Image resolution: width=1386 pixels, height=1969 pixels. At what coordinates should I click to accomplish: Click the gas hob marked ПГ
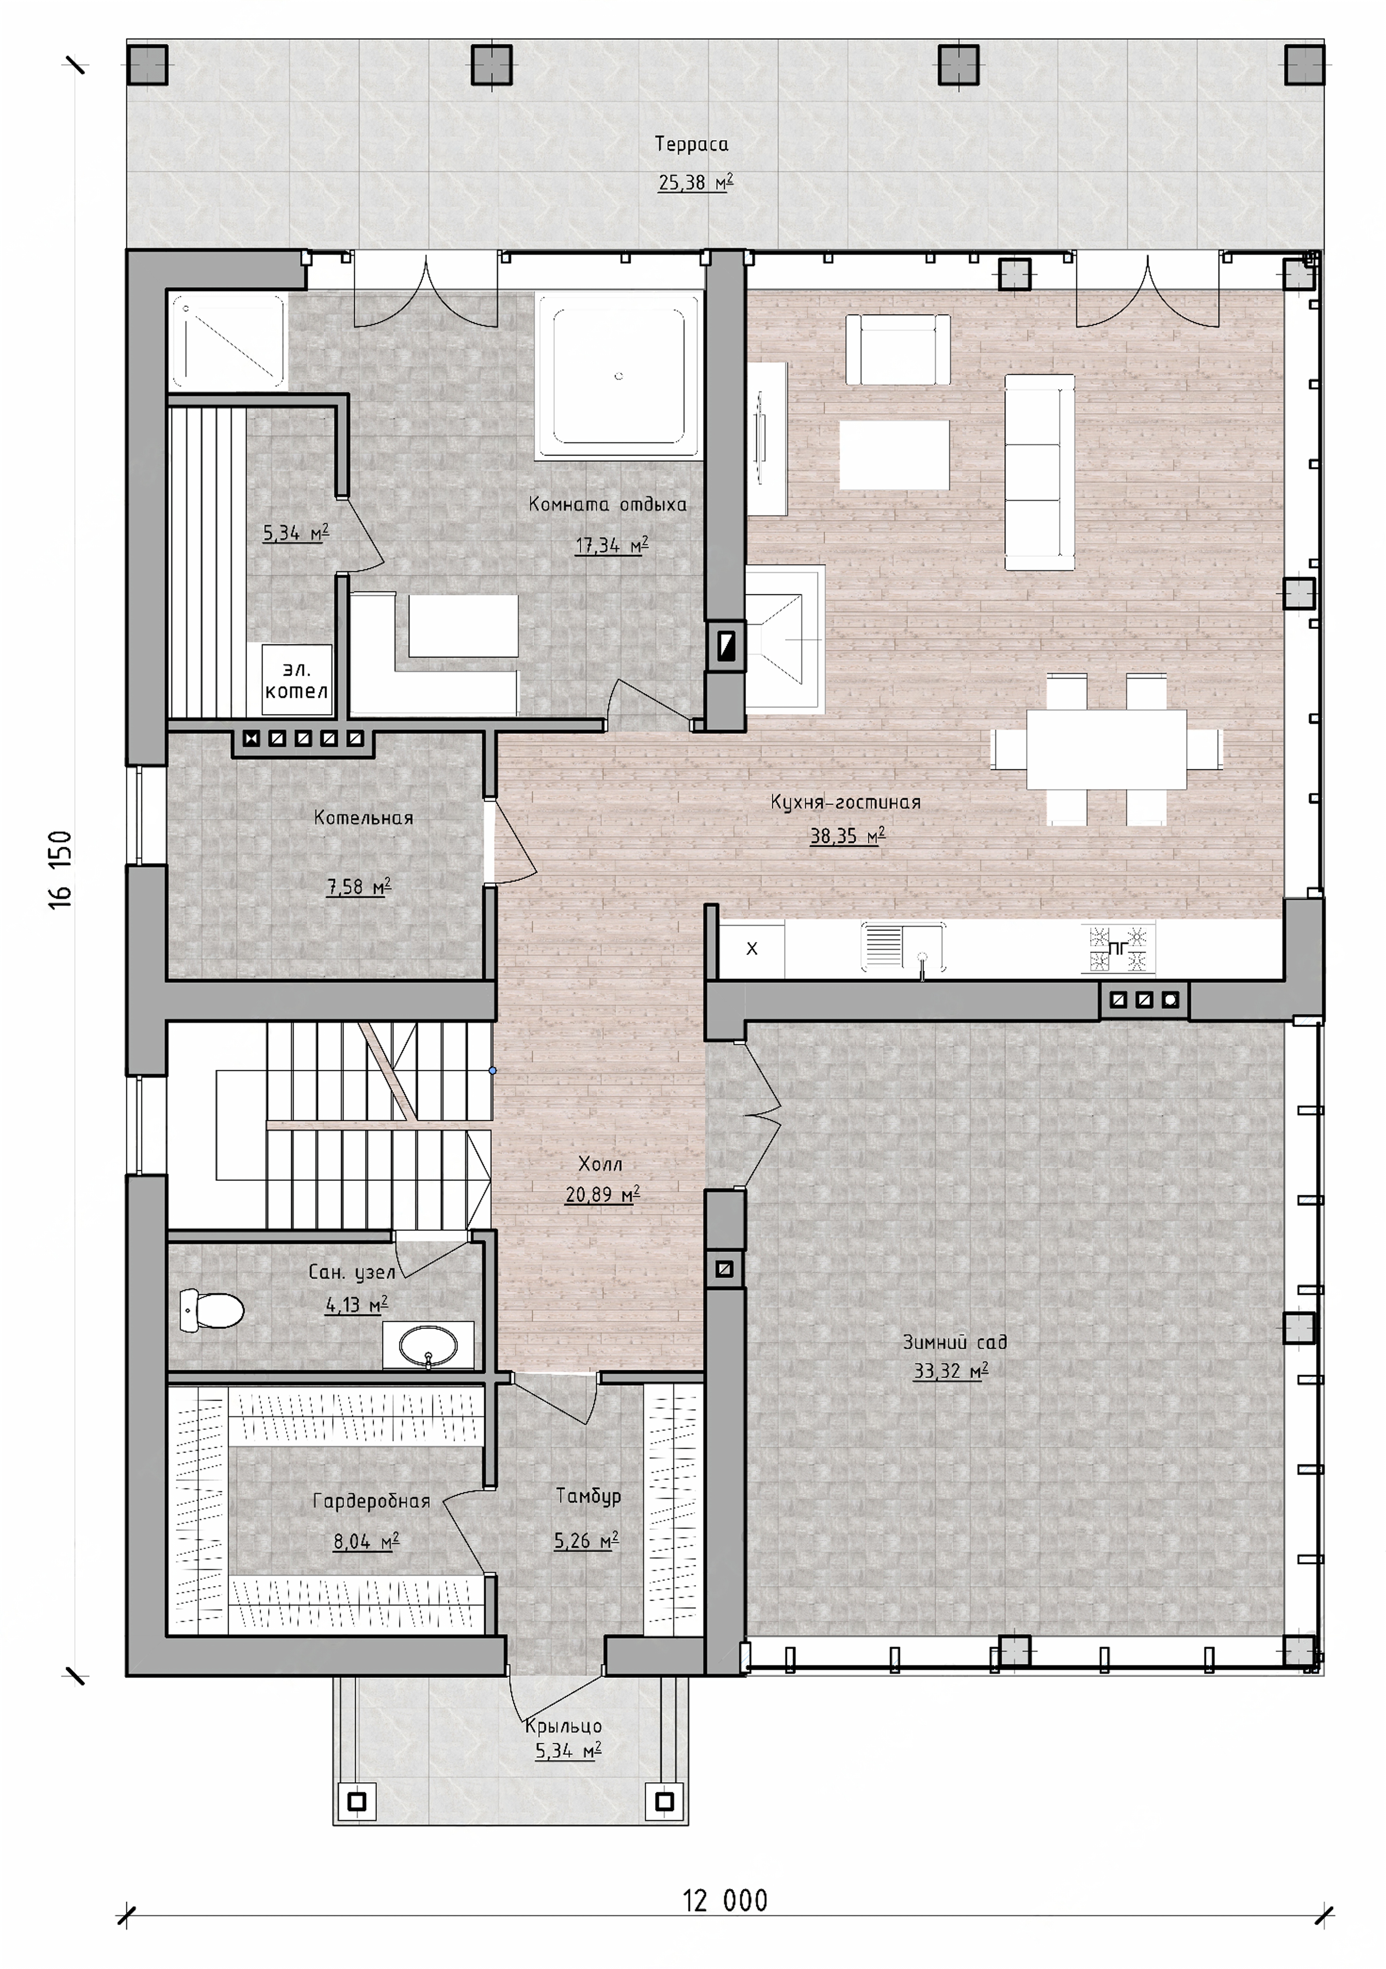[1118, 948]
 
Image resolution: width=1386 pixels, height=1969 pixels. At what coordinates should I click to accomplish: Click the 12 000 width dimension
[725, 1900]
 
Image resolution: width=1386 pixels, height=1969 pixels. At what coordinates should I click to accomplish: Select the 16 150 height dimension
[60, 869]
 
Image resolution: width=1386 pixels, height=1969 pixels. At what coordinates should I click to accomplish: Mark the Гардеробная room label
[371, 1501]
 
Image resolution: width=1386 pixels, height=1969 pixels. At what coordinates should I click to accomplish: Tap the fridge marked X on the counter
[752, 949]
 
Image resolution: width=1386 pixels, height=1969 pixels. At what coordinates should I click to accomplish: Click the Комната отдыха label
[607, 504]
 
